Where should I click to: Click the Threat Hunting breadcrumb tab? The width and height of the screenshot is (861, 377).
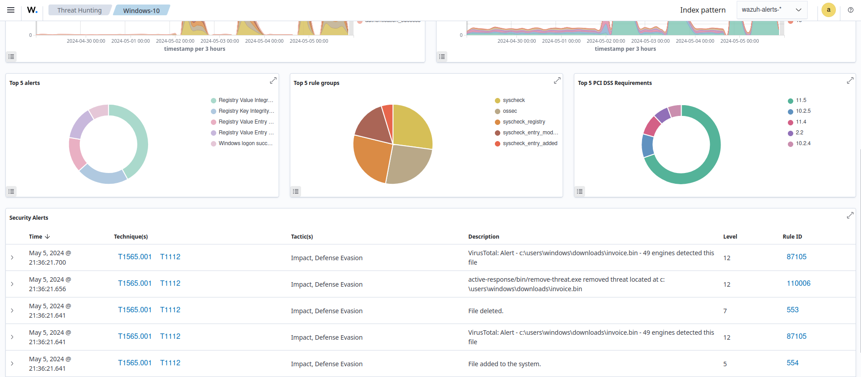(x=79, y=10)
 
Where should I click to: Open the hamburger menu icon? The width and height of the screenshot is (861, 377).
(x=11, y=10)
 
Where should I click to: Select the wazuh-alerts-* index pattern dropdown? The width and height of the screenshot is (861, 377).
(x=771, y=10)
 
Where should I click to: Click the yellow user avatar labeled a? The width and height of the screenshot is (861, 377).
(x=828, y=10)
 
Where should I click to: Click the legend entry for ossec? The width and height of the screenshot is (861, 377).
(x=510, y=111)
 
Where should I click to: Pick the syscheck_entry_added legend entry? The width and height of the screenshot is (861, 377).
(x=530, y=143)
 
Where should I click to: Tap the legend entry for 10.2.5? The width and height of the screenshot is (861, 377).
(x=803, y=111)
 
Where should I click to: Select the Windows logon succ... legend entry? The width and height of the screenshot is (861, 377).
(x=245, y=143)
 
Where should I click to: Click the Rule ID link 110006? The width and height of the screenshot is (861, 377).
(x=798, y=284)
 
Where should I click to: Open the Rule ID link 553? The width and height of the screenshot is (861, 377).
(x=792, y=310)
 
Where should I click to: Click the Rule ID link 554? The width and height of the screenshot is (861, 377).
(x=792, y=363)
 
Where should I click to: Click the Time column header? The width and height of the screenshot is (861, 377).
(x=36, y=237)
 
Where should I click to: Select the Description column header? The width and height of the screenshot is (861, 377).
(x=483, y=237)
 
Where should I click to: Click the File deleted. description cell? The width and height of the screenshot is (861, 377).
(x=485, y=311)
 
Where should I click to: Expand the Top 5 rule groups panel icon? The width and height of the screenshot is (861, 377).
(x=557, y=80)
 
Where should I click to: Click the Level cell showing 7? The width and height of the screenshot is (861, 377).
(x=725, y=311)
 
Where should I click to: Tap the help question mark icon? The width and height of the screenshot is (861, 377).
(x=850, y=10)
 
